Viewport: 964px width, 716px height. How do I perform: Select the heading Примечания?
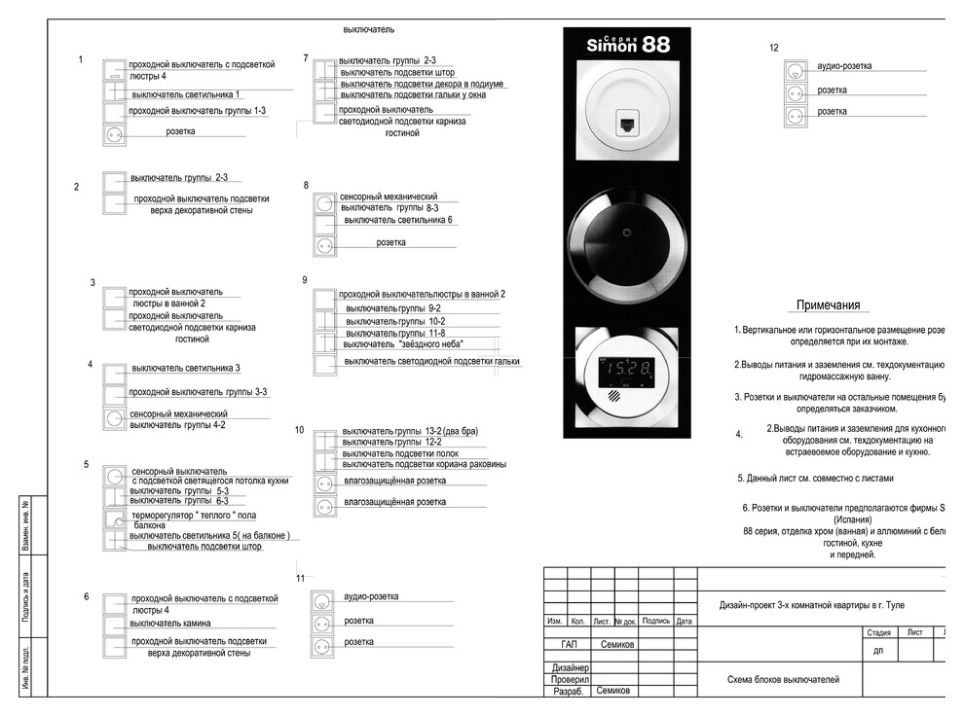pos(828,305)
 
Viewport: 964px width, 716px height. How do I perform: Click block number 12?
pos(773,48)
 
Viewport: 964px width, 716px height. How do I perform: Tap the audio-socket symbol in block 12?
pos(796,70)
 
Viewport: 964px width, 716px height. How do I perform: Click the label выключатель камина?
pos(171,623)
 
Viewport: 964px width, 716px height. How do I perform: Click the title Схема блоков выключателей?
pos(782,680)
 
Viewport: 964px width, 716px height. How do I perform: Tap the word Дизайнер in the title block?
pos(569,668)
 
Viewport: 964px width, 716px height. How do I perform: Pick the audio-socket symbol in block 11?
pos(322,600)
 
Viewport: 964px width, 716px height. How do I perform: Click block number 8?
pos(306,185)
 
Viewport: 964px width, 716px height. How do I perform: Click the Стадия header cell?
pos(878,632)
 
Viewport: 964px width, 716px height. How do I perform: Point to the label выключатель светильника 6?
pos(398,221)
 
